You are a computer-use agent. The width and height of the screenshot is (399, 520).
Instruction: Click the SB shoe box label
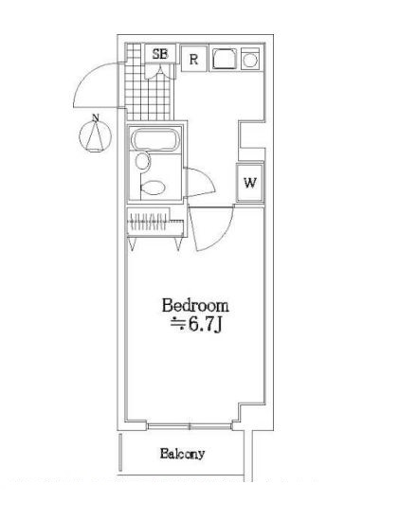click(x=160, y=54)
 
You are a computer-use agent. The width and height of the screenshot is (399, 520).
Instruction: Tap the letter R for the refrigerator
click(x=193, y=60)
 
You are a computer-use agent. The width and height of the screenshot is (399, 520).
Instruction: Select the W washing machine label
click(x=250, y=183)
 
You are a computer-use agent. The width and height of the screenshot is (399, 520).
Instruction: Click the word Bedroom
click(x=195, y=305)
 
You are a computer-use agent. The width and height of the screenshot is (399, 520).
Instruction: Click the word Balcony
click(x=182, y=454)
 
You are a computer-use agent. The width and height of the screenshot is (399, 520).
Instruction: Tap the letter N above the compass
click(x=96, y=117)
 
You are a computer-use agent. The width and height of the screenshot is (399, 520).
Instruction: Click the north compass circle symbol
click(x=96, y=136)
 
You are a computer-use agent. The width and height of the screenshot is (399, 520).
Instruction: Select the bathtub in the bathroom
click(x=155, y=139)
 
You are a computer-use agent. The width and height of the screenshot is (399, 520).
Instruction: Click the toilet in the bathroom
click(x=153, y=188)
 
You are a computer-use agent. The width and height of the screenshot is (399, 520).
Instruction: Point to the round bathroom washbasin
click(x=142, y=162)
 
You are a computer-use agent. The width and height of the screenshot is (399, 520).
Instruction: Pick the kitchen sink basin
click(x=225, y=59)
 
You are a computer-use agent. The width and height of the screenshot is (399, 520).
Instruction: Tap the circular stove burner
click(x=250, y=61)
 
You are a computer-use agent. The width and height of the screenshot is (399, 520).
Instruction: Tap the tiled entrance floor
click(x=150, y=93)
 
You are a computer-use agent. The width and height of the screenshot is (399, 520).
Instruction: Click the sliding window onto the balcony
click(x=190, y=426)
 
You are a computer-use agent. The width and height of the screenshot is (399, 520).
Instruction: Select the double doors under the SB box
click(x=160, y=71)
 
